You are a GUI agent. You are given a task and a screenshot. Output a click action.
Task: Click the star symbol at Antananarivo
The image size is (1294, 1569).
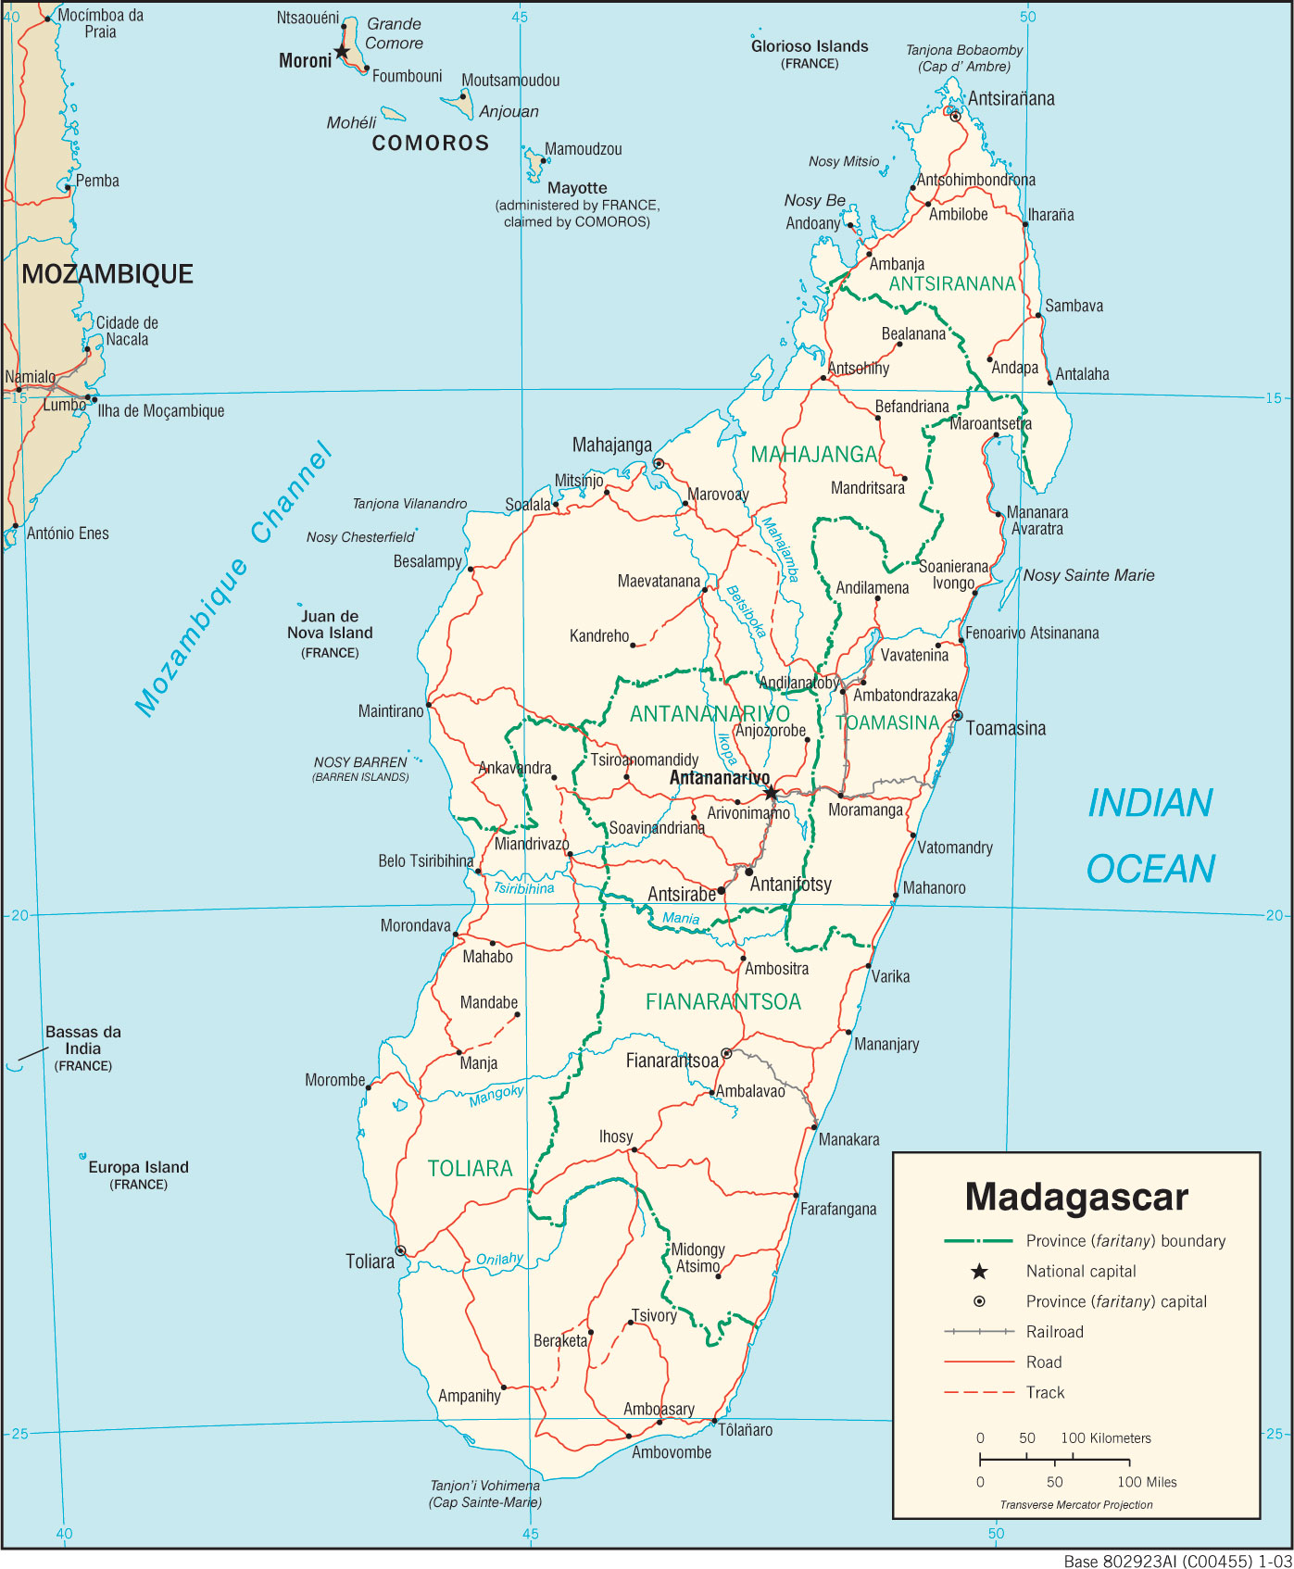pyautogui.click(x=771, y=793)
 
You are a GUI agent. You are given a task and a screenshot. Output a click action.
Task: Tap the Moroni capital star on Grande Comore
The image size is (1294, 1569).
pyautogui.click(x=342, y=52)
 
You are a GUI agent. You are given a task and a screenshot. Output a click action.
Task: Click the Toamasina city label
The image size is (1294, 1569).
pyautogui.click(x=1005, y=729)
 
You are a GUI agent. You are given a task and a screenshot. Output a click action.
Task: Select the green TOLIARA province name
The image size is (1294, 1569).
pyautogui.click(x=470, y=1169)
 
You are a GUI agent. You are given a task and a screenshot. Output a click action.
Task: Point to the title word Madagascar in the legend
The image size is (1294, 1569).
pyautogui.click(x=1075, y=1197)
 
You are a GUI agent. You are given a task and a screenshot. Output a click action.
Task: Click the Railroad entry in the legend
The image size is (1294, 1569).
pyautogui.click(x=1054, y=1332)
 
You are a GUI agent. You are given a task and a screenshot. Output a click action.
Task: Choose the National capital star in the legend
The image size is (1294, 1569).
pyautogui.click(x=979, y=1272)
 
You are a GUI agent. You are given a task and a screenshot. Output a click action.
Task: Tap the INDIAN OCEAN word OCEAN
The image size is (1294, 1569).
pyautogui.click(x=1150, y=869)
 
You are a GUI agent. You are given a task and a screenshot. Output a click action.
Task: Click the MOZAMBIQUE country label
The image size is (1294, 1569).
pyautogui.click(x=107, y=274)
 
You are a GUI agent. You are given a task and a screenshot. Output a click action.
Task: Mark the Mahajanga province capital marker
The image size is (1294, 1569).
pyautogui.click(x=659, y=463)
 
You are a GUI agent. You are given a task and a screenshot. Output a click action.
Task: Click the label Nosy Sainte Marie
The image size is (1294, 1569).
pyautogui.click(x=1088, y=575)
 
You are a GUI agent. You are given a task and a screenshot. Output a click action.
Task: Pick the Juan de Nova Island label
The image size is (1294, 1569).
pyautogui.click(x=330, y=625)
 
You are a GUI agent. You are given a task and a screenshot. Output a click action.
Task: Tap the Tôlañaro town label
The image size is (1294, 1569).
pyautogui.click(x=746, y=1430)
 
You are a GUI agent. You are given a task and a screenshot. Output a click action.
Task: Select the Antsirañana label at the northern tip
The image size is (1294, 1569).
pyautogui.click(x=1011, y=99)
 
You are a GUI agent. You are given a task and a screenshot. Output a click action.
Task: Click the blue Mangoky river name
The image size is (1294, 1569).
pyautogui.click(x=496, y=1096)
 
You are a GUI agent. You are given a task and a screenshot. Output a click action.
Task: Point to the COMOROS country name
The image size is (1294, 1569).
pyautogui.click(x=430, y=144)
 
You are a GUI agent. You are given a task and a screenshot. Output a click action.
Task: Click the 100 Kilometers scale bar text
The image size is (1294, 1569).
pyautogui.click(x=1106, y=1438)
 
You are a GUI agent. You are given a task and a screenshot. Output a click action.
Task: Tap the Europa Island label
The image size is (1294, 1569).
pyautogui.click(x=138, y=1168)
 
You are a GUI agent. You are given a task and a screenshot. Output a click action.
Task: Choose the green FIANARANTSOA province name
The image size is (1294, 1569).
pyautogui.click(x=722, y=1002)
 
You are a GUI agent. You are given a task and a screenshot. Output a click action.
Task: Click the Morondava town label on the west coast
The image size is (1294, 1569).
pyautogui.click(x=415, y=926)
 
